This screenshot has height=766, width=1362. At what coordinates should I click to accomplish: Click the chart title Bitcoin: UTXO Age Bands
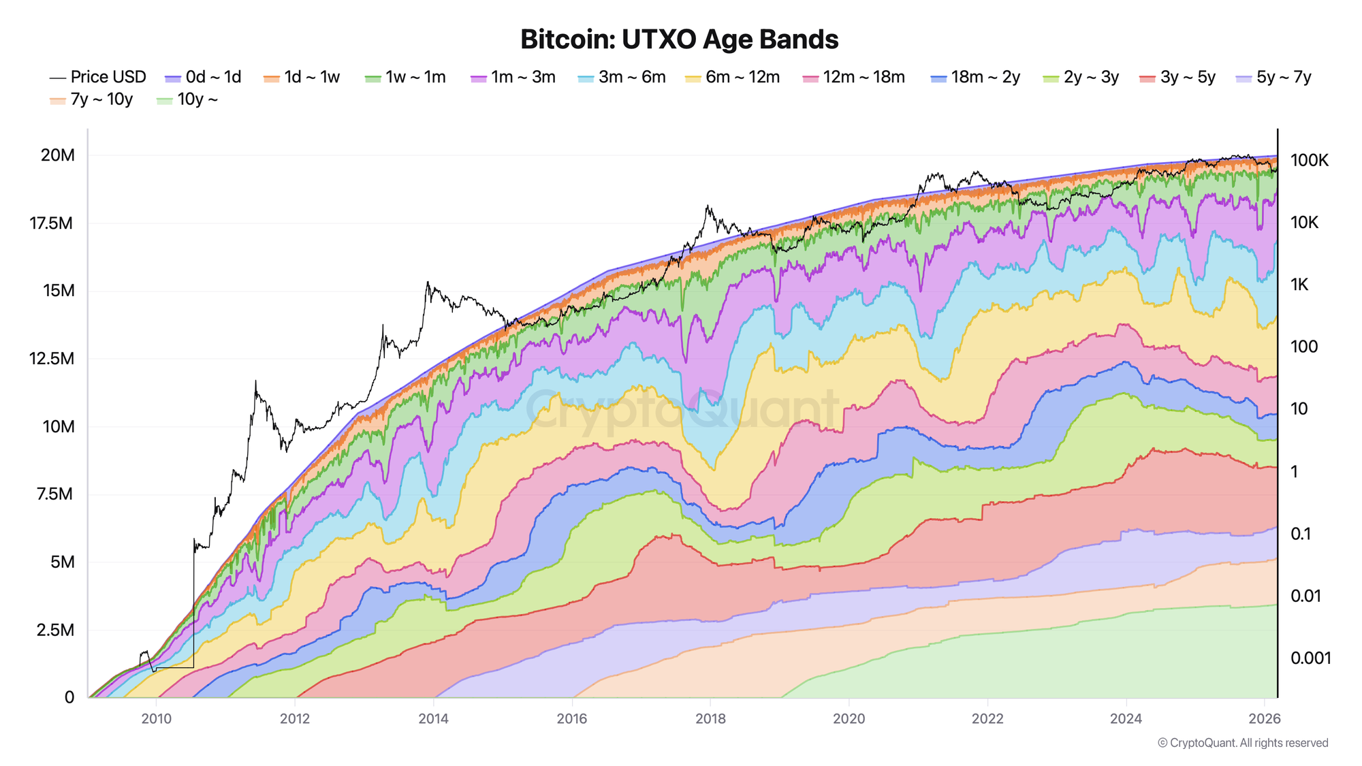tap(679, 39)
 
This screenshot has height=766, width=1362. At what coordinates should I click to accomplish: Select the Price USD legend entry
tap(99, 78)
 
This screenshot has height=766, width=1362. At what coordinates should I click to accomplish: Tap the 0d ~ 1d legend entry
tap(204, 78)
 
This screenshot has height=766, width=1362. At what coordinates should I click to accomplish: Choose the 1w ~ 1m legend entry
tap(407, 78)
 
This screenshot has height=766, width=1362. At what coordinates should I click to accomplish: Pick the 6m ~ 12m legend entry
tap(733, 78)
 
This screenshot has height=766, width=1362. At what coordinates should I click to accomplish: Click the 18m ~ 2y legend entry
tap(976, 78)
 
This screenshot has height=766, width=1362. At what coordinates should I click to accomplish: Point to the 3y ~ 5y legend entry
tap(1178, 78)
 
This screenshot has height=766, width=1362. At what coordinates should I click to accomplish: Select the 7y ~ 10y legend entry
tap(93, 100)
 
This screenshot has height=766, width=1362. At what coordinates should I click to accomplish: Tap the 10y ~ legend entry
tap(188, 100)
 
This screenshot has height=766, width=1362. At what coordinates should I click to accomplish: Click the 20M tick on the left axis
tap(58, 155)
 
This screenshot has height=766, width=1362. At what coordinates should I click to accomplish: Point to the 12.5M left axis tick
tap(51, 359)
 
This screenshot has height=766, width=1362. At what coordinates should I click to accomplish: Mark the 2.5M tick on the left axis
tap(54, 630)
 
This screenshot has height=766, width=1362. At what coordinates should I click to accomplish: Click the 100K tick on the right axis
tap(1309, 161)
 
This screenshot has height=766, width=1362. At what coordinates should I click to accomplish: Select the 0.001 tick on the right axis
tap(1310, 658)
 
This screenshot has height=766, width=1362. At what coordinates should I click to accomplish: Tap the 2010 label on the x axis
tap(156, 719)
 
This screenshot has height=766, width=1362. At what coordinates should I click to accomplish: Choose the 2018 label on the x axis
tap(710, 719)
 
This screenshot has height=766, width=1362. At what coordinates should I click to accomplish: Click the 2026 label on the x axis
tap(1265, 719)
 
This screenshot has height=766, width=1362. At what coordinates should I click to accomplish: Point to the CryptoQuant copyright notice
tap(1243, 743)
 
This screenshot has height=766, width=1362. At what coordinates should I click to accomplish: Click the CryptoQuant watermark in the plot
tap(681, 409)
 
